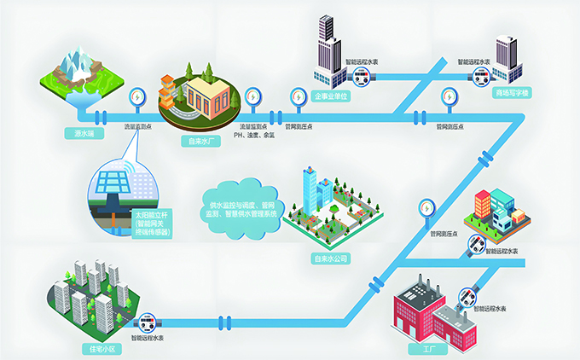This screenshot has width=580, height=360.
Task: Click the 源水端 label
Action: (x=84, y=133)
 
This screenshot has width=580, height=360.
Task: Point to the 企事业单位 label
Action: (x=330, y=96)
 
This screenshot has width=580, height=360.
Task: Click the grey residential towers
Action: (x=85, y=294)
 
